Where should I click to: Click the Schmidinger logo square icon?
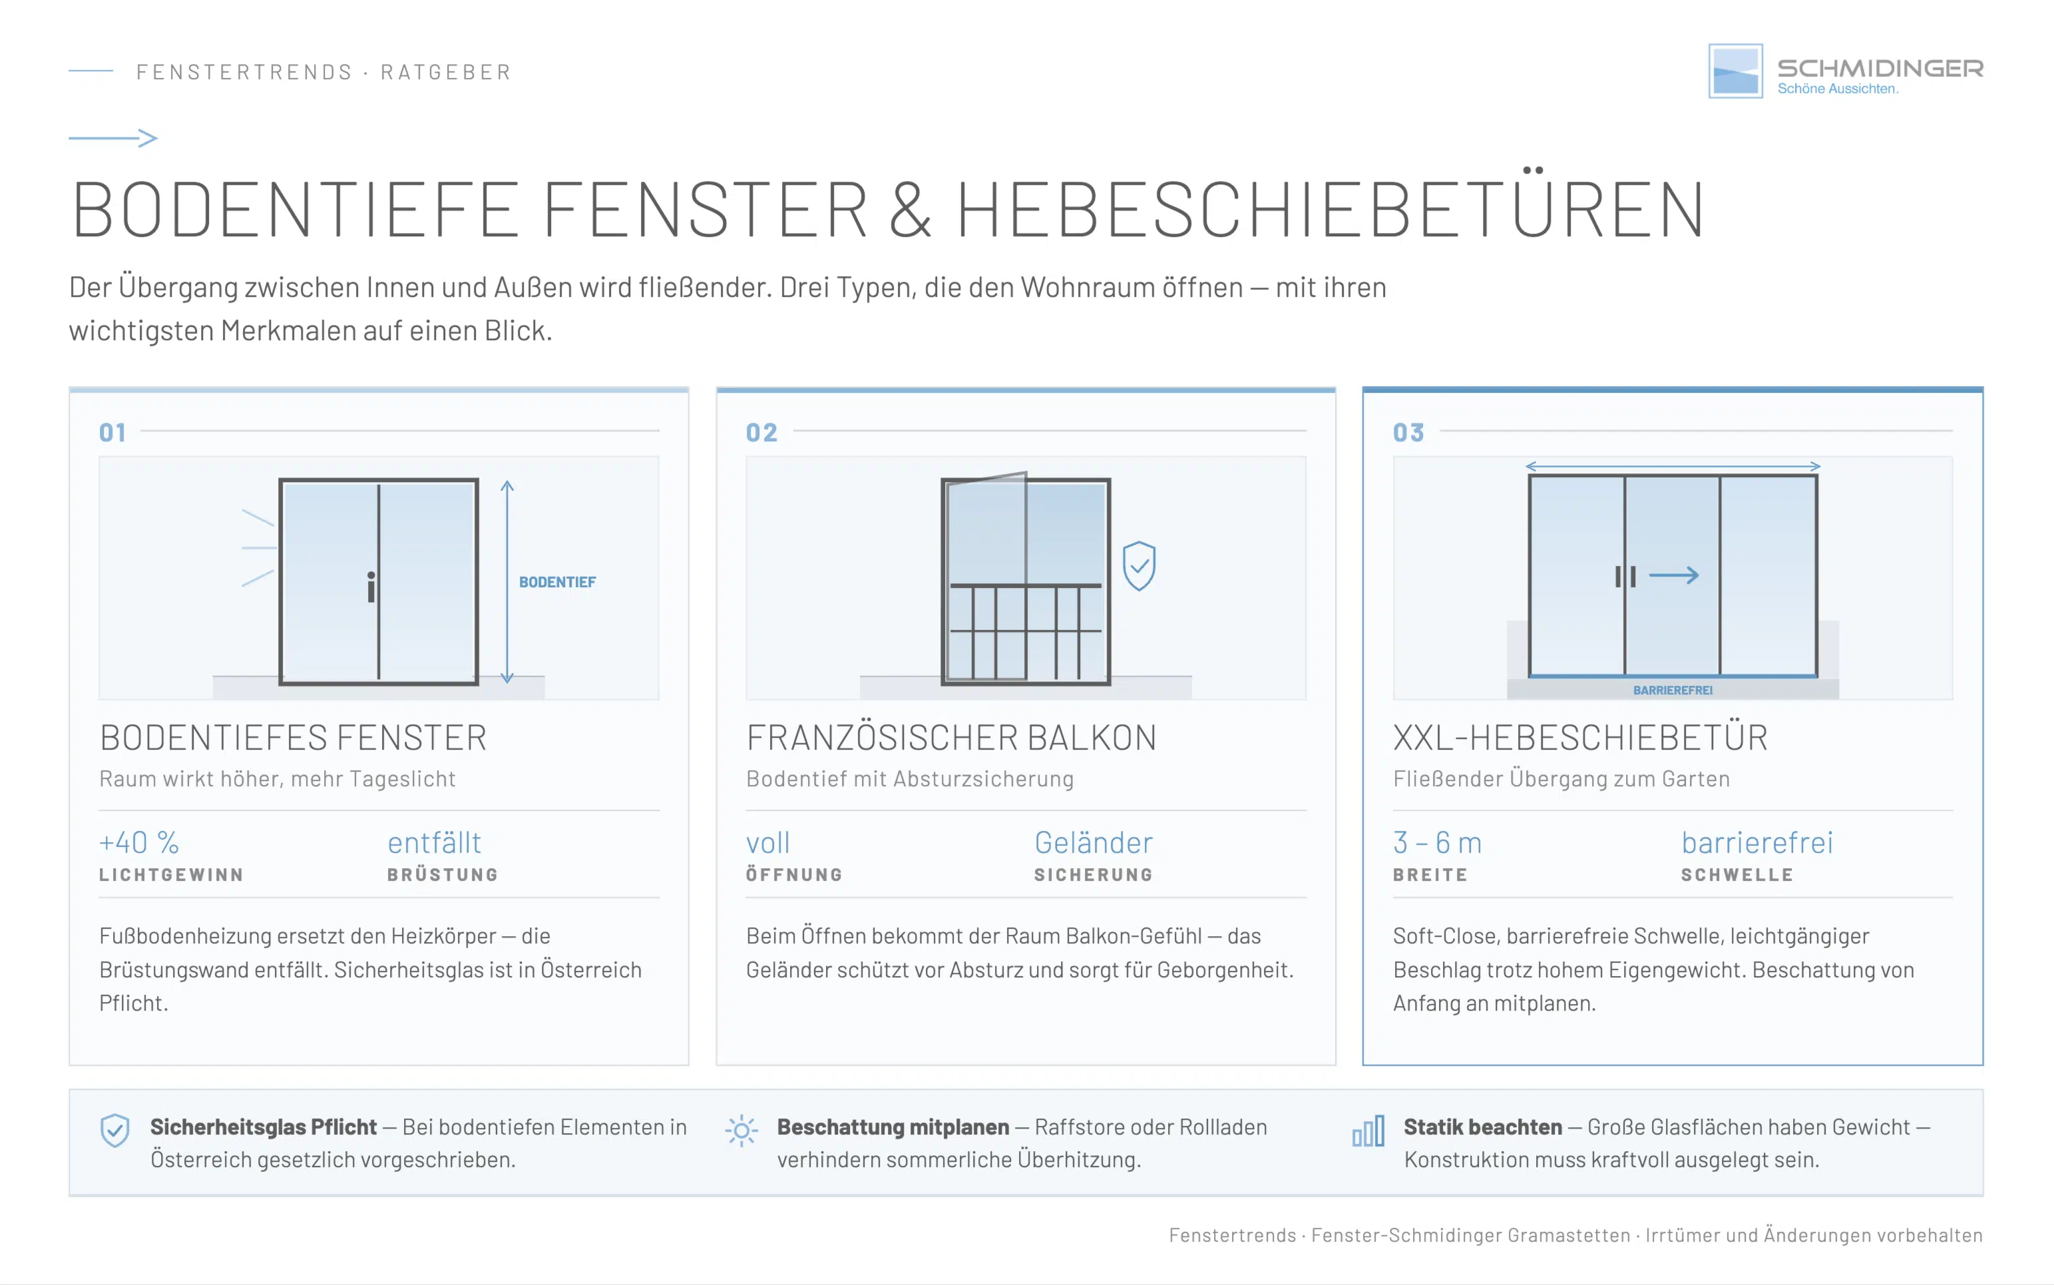click(x=1735, y=71)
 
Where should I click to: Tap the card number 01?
click(x=112, y=433)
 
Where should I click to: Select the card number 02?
click(x=761, y=433)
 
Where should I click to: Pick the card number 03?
click(x=1408, y=433)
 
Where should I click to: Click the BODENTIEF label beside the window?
click(x=556, y=582)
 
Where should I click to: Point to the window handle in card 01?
click(x=371, y=587)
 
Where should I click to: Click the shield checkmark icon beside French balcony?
click(x=1138, y=565)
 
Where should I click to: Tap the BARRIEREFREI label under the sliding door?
click(x=1672, y=690)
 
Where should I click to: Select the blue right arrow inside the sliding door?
click(x=1673, y=575)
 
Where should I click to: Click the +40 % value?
click(x=138, y=842)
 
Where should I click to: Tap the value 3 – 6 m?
click(x=1436, y=842)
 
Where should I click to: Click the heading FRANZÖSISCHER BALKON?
click(x=950, y=737)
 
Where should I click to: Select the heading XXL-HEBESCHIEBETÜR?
click(x=1580, y=737)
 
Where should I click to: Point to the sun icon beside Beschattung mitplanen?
click(x=741, y=1131)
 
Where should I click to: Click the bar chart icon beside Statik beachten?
click(x=1368, y=1131)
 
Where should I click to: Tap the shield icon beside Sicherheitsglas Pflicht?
click(x=114, y=1131)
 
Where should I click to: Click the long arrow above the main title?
click(x=113, y=138)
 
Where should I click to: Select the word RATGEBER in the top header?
click(x=445, y=72)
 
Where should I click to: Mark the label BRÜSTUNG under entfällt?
click(x=443, y=874)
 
